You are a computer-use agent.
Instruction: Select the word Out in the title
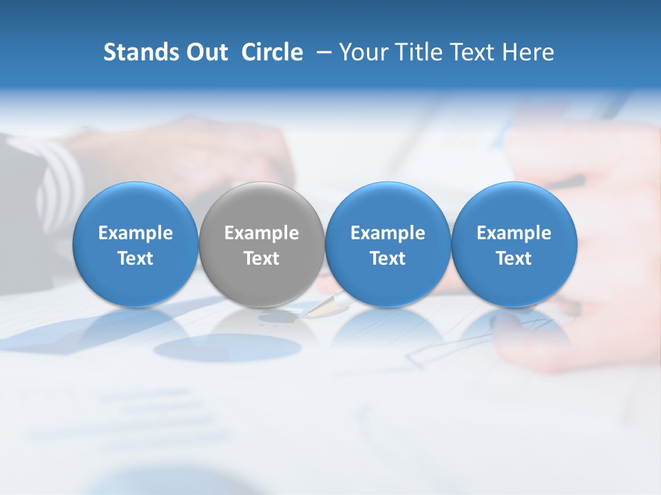click(206, 52)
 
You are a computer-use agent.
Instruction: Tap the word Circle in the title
click(272, 52)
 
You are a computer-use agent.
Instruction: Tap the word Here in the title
click(530, 52)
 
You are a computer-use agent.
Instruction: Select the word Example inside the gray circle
click(262, 233)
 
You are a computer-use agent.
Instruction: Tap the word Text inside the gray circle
click(262, 258)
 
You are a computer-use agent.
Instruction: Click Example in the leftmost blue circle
click(136, 233)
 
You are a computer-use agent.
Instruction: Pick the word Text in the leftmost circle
click(136, 258)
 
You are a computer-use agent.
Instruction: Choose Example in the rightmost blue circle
click(514, 233)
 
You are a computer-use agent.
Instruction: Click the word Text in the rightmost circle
click(514, 258)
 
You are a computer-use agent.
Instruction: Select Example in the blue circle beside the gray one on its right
click(388, 233)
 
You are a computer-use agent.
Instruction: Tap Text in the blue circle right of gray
click(388, 258)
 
